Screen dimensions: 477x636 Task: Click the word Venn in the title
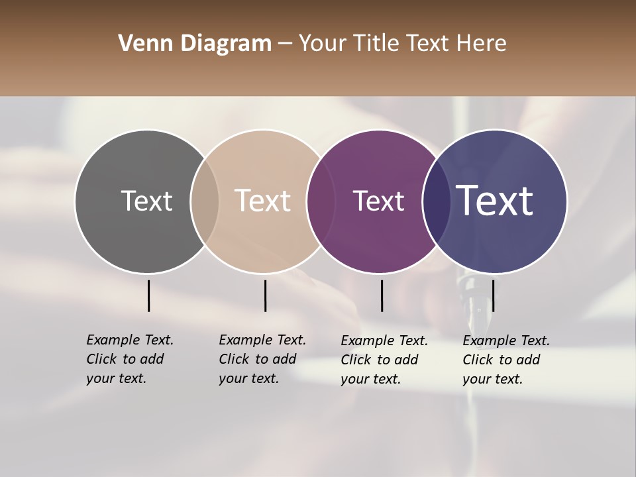point(146,44)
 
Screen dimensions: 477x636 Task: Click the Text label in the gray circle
point(146,201)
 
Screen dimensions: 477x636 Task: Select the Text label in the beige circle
point(263,201)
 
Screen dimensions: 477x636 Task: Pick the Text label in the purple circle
point(378,201)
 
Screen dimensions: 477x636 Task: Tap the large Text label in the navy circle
point(495,201)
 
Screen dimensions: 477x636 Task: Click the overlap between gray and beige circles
point(205,201)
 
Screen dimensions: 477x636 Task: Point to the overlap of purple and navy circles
point(437,201)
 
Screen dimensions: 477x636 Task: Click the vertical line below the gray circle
point(149,295)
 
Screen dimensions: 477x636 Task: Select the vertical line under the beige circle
point(265,295)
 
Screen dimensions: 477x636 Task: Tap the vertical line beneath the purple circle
point(382,295)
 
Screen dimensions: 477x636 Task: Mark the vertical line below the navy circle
point(493,295)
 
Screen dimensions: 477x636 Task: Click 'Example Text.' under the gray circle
point(130,340)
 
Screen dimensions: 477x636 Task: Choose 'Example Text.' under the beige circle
point(262,340)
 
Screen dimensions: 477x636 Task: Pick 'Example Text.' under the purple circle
point(384,341)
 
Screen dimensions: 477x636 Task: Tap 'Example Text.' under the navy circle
point(506,341)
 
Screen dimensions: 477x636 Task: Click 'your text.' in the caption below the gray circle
point(116,378)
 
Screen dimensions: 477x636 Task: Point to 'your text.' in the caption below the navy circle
point(492,379)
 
